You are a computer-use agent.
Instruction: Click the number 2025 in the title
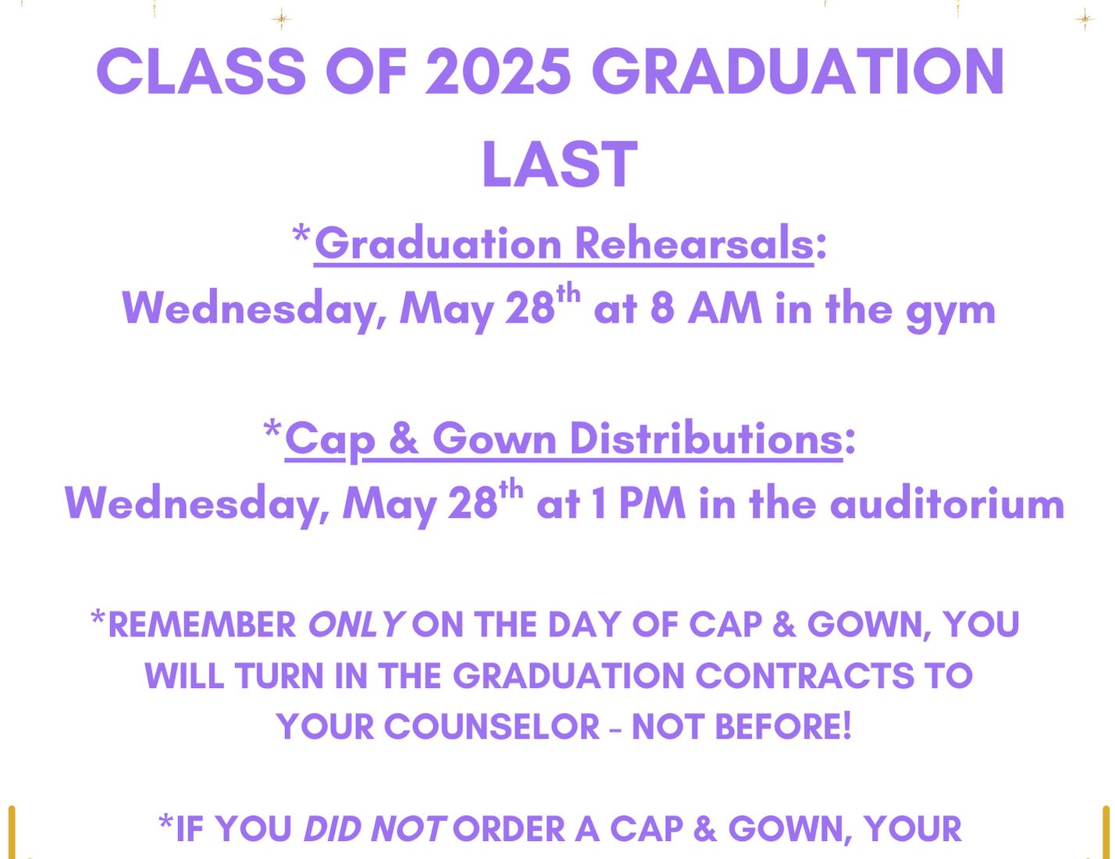498,71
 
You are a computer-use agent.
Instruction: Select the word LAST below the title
559,164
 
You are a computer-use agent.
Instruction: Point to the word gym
950,311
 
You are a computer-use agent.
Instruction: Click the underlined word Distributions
706,438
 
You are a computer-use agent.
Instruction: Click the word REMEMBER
202,625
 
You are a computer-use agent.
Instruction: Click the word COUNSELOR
492,726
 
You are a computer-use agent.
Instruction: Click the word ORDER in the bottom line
508,829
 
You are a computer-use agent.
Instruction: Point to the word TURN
279,675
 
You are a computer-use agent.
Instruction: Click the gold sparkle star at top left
281,20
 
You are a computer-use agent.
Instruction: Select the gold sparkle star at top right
1085,20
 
